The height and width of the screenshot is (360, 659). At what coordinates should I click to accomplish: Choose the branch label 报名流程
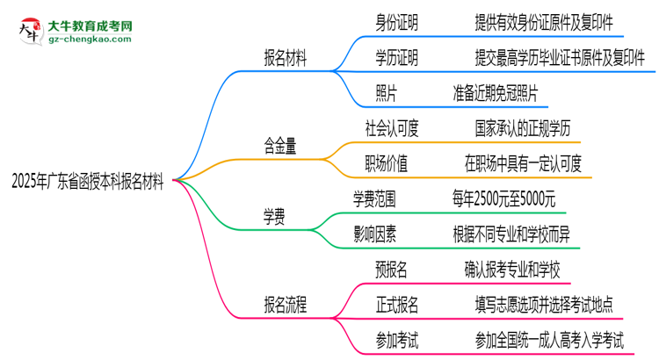click(x=292, y=305)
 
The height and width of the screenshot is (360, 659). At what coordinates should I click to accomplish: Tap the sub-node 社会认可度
click(x=391, y=128)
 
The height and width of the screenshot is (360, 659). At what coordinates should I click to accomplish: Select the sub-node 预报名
click(x=384, y=269)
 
